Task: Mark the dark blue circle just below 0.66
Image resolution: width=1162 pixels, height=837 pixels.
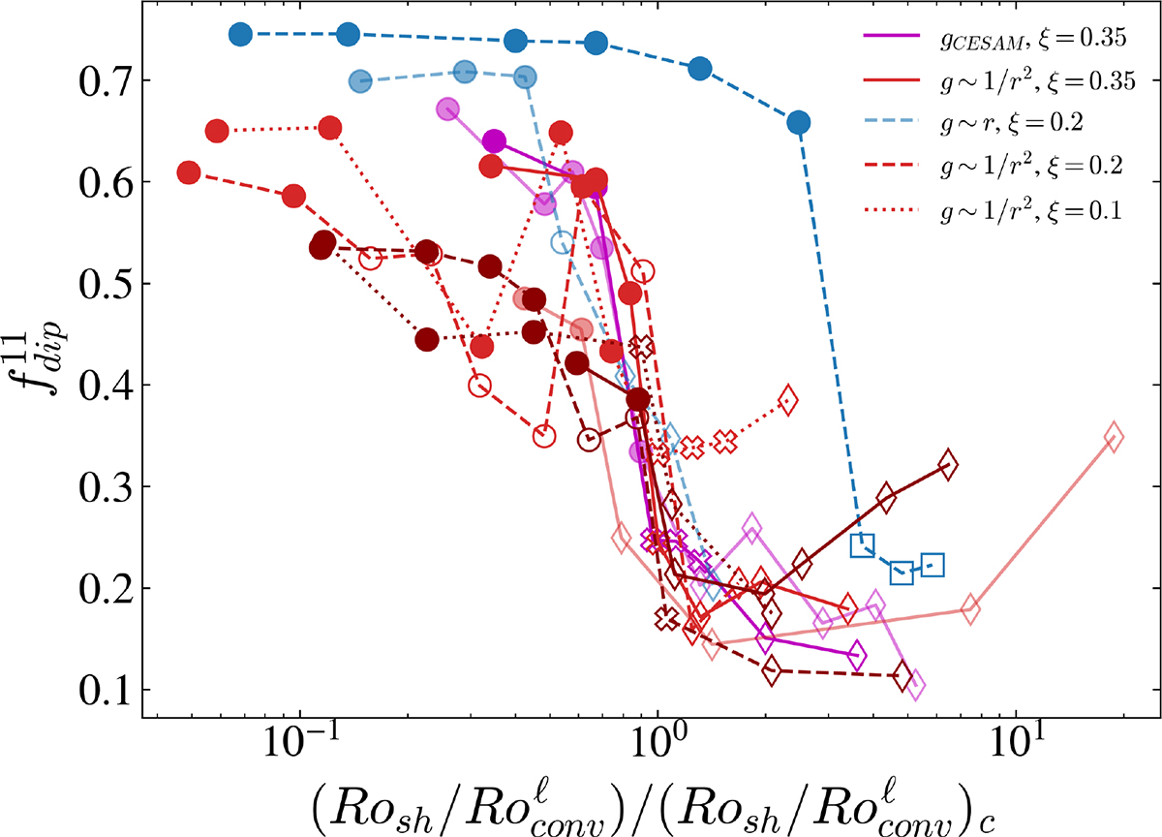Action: click(x=799, y=122)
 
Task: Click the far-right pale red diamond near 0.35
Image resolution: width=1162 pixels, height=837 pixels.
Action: click(x=1114, y=438)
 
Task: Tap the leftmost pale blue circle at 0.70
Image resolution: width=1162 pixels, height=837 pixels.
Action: click(x=360, y=81)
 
